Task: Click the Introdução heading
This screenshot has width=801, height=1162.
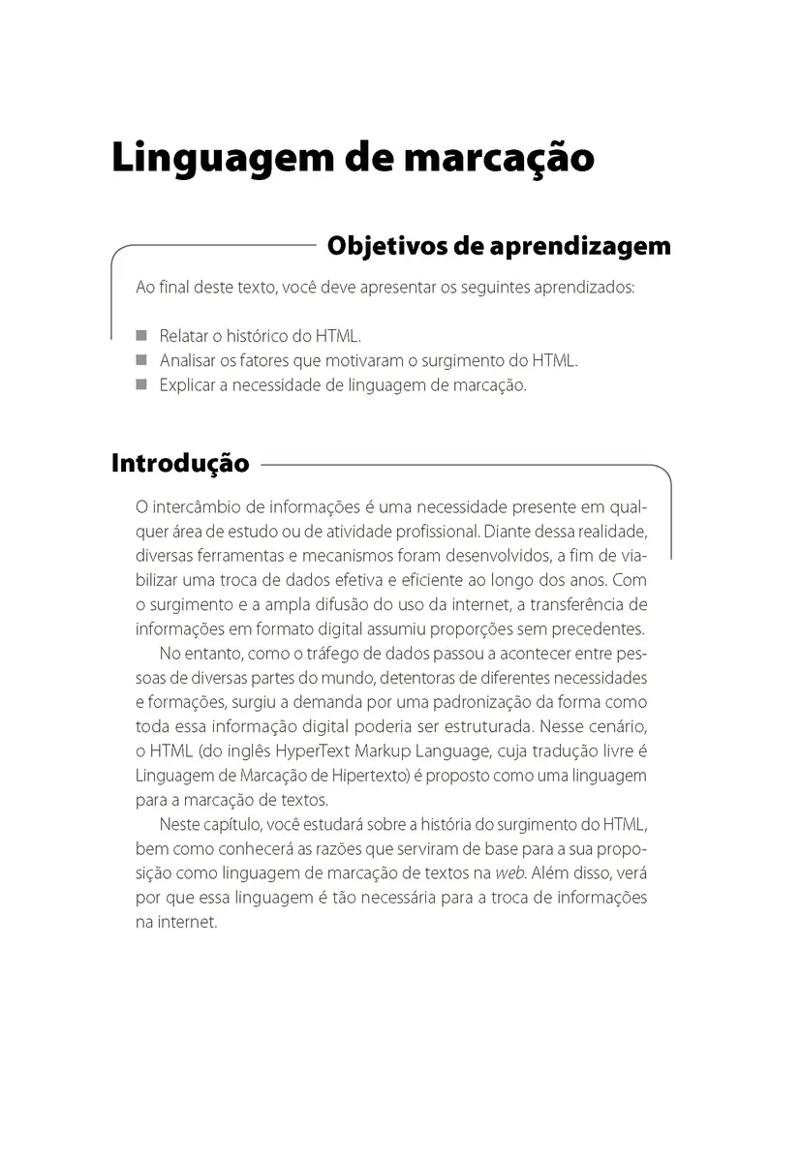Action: (x=180, y=463)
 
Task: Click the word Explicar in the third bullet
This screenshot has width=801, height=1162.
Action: (x=189, y=385)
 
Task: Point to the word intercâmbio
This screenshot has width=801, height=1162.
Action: (x=202, y=507)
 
